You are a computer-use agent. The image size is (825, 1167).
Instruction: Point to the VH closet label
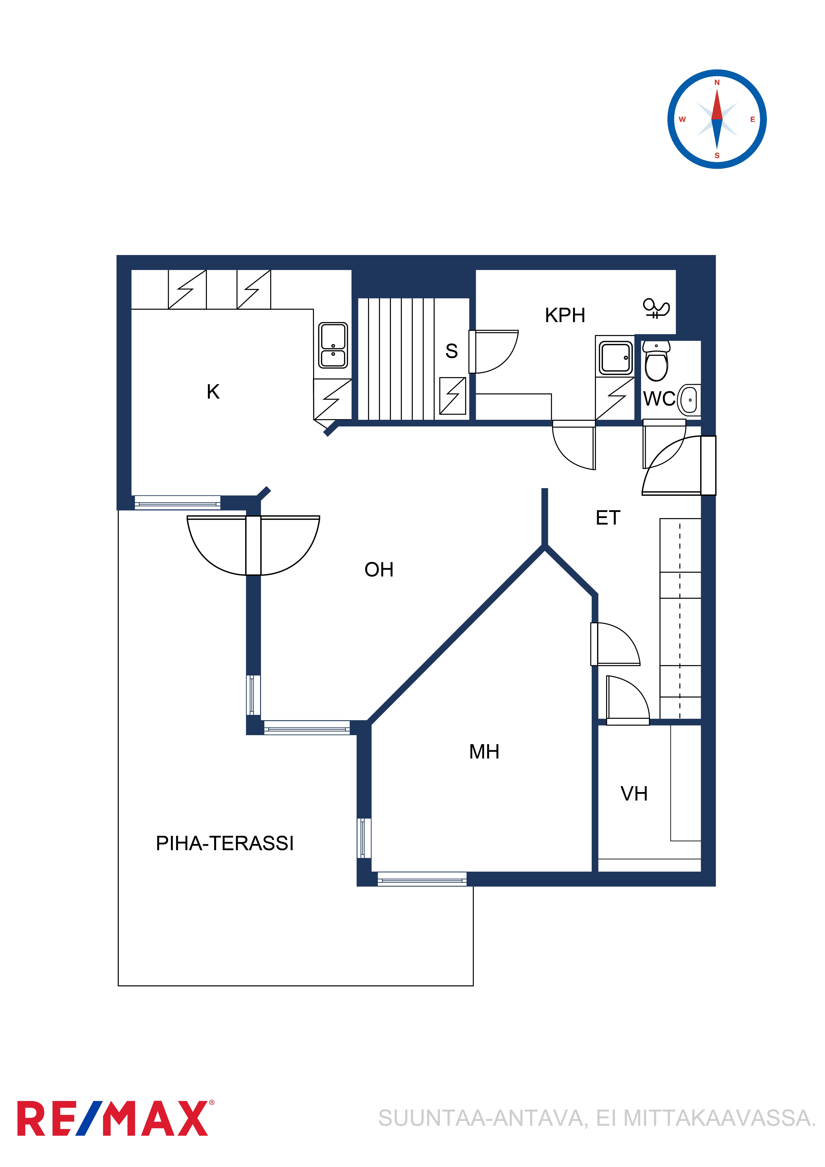click(x=634, y=794)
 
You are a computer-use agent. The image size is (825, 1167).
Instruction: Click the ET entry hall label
click(x=608, y=518)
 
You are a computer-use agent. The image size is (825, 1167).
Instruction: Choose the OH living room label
click(x=379, y=570)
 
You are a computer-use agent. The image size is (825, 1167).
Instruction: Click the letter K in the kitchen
click(x=213, y=392)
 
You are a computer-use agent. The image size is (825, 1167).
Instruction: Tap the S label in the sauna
click(x=451, y=351)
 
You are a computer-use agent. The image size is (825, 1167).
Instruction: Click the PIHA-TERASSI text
click(x=225, y=843)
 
